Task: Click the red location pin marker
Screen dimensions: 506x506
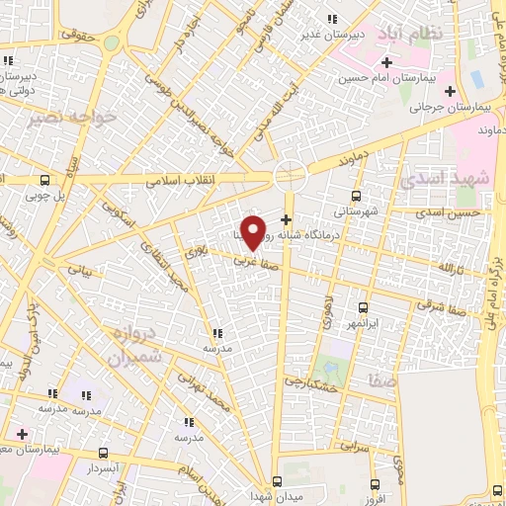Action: pyautogui.click(x=254, y=231)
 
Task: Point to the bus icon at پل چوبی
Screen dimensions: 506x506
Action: pyautogui.click(x=44, y=180)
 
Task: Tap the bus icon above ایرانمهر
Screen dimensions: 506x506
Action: pyautogui.click(x=365, y=307)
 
